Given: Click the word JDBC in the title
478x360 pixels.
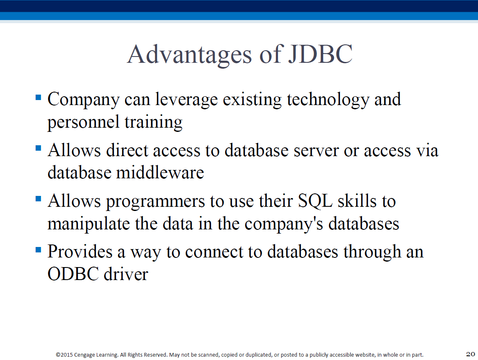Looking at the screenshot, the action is [x=320, y=54].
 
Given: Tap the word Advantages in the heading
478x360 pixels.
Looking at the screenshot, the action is [x=190, y=55].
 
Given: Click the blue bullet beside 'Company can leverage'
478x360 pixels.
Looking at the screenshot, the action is [x=39, y=98].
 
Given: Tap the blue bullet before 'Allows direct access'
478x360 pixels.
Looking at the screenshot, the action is [x=39, y=149].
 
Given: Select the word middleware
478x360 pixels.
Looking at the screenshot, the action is [x=160, y=173].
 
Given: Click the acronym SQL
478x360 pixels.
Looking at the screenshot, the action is [x=315, y=201].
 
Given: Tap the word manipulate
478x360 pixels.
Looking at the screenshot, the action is [x=89, y=224].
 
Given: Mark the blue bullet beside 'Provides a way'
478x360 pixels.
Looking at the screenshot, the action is [x=39, y=250].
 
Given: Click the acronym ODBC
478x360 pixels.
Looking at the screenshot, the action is [x=73, y=274].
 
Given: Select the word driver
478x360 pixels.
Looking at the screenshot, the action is [x=126, y=274].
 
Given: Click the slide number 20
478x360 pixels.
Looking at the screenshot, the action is [x=470, y=354].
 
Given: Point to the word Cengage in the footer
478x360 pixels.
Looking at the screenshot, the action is [x=85, y=355].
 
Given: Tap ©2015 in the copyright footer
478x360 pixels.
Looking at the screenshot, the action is [x=64, y=355].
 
